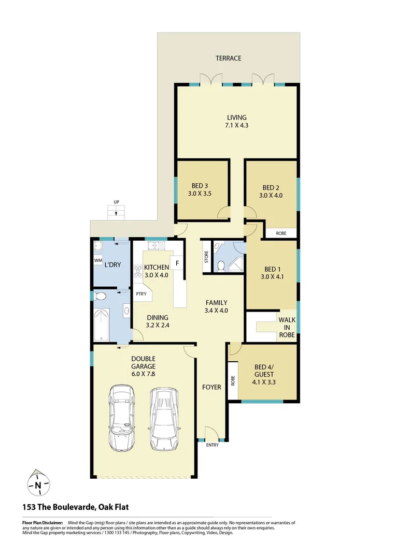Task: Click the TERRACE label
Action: click(x=229, y=58)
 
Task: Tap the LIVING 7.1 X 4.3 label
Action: click(x=236, y=121)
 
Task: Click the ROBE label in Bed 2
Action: click(x=281, y=233)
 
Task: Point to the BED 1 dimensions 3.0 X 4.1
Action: click(x=271, y=277)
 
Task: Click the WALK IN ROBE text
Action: click(x=287, y=327)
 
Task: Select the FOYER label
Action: click(x=211, y=387)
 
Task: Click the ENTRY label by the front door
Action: click(x=212, y=445)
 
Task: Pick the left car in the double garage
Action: click(x=121, y=419)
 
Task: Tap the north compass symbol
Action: click(x=38, y=485)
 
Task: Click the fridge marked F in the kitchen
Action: click(x=177, y=263)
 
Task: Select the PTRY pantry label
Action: click(x=140, y=294)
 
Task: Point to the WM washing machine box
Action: click(x=98, y=260)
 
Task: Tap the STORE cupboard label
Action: click(x=206, y=257)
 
